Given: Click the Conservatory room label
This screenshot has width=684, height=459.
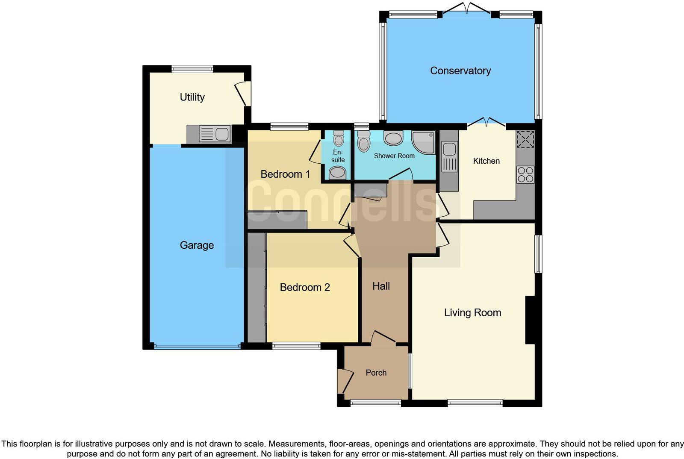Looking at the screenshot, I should [x=460, y=71].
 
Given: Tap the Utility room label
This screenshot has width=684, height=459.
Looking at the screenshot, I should [x=192, y=97].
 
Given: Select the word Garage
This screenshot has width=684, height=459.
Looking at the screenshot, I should [x=197, y=245].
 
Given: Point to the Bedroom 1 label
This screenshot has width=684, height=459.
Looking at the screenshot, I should [x=285, y=174].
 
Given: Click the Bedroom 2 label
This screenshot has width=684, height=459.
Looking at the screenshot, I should [x=304, y=287].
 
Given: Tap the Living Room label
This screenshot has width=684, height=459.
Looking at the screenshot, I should [x=472, y=312].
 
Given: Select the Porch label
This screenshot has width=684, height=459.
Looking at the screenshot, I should [x=376, y=373].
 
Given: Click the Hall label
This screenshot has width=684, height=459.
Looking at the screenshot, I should [x=381, y=286].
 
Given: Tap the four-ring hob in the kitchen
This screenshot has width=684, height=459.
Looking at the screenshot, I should [x=525, y=174].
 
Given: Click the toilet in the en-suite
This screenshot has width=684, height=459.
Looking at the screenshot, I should [x=339, y=138].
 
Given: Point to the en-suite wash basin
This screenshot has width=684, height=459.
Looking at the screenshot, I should [x=338, y=172].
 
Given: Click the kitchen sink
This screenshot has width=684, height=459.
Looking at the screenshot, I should [x=449, y=150].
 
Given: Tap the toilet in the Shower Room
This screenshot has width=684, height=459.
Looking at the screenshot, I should [x=363, y=141].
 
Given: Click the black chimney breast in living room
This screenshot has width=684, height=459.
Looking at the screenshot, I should [x=530, y=320].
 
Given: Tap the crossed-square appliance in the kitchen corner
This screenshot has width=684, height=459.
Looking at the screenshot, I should [x=525, y=139].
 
